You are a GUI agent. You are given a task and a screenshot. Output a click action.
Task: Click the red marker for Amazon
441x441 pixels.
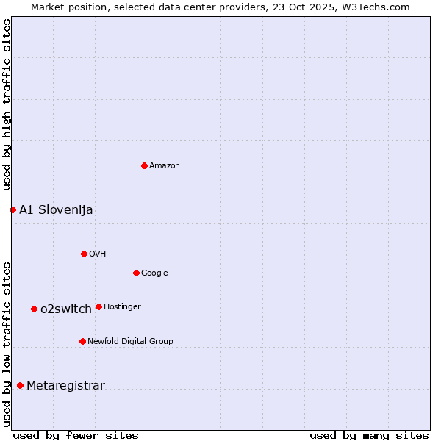point(144,165)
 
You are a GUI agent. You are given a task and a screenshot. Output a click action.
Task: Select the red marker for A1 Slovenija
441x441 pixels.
point(12,209)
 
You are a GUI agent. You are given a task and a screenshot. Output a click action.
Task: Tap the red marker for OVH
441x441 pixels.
point(84,254)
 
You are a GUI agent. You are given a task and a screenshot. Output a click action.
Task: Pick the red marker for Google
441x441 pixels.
point(136,273)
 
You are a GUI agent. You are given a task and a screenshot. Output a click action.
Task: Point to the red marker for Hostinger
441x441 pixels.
point(98,306)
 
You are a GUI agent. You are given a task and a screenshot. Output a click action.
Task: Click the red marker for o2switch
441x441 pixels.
point(34,309)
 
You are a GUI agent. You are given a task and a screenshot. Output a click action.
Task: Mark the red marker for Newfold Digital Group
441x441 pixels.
point(82,341)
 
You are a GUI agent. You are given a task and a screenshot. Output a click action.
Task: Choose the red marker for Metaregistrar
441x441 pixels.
point(20,385)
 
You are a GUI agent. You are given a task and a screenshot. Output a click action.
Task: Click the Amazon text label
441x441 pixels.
point(165,166)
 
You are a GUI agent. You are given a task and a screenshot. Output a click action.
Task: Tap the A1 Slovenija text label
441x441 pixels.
point(56,209)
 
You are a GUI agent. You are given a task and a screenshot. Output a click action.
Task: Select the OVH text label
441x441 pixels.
point(98,254)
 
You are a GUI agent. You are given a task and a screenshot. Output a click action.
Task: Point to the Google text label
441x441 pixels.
point(154,273)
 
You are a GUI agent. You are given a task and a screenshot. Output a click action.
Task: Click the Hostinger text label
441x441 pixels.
point(122,307)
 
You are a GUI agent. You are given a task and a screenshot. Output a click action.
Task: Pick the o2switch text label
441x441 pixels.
point(66,309)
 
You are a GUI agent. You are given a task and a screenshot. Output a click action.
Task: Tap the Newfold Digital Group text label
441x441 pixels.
point(130,341)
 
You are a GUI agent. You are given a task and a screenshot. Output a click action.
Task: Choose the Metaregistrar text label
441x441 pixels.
point(65,385)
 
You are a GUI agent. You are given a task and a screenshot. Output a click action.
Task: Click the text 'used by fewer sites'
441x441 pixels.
point(76,435)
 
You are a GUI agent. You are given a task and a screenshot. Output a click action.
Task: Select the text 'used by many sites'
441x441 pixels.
point(369,435)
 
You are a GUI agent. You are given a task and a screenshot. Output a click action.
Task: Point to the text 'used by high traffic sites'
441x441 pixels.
point(7,104)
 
